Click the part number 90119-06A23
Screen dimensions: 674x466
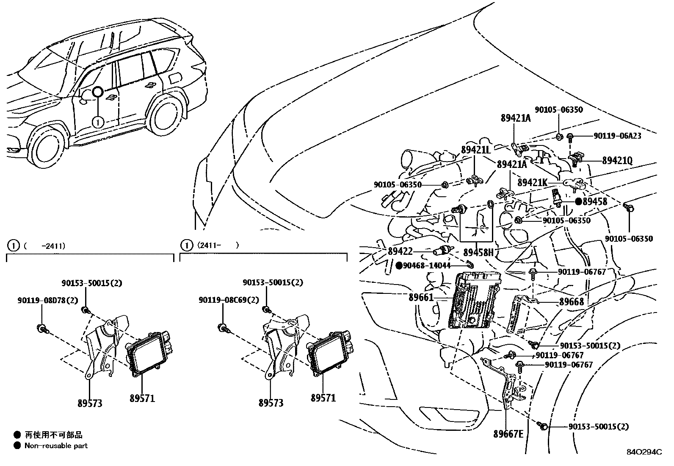[x=617, y=136]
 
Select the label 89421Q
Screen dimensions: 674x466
[x=617, y=161]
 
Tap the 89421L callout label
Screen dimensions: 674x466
[x=476, y=150]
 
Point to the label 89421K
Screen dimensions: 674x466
[x=532, y=182]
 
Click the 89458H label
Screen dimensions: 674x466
[x=478, y=252]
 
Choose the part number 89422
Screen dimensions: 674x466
[x=400, y=251]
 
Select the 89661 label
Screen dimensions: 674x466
[x=421, y=298]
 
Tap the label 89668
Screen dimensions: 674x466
[x=572, y=301]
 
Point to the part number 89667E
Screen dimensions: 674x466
[x=508, y=434]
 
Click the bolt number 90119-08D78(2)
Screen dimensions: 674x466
[x=48, y=300]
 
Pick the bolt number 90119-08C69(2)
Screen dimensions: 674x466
[x=229, y=300]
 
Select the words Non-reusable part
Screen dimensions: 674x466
[x=56, y=446]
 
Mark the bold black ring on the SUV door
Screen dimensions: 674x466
[x=97, y=92]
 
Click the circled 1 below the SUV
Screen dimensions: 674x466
[x=98, y=122]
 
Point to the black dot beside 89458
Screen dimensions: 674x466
[x=579, y=201]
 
